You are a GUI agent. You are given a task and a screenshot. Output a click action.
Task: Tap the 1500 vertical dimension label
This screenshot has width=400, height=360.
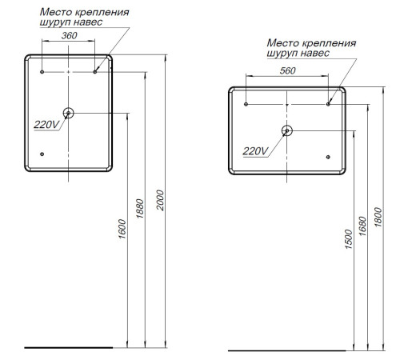coord(347,238)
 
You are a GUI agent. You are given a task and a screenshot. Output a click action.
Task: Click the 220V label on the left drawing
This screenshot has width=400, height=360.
coord(46,125)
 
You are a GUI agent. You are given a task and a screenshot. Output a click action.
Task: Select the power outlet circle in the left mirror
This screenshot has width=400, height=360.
coord(69,114)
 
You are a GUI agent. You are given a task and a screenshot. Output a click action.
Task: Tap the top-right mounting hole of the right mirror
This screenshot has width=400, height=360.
coord(328,104)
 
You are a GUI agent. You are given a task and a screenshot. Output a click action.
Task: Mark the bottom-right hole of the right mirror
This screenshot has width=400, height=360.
coord(328,157)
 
